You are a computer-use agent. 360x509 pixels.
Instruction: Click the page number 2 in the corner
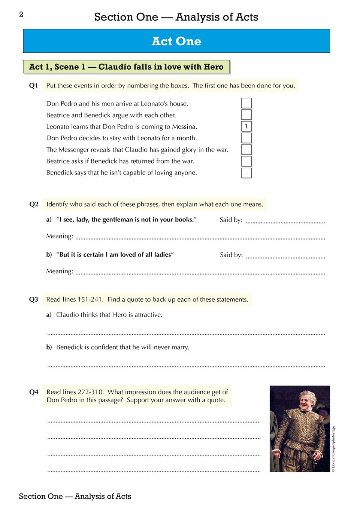21,15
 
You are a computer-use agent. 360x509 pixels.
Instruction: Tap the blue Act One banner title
176,41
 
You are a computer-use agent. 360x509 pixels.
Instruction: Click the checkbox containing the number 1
246,127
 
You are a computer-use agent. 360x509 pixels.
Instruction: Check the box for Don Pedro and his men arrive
246,103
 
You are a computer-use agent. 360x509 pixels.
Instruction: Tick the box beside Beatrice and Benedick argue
246,115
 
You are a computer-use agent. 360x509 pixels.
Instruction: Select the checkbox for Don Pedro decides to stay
246,138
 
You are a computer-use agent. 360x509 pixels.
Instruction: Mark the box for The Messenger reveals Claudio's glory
246,149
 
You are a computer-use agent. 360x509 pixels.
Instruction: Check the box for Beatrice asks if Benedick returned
246,161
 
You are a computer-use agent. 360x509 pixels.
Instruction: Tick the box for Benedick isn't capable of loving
246,173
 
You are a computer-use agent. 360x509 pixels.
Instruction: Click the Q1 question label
34,86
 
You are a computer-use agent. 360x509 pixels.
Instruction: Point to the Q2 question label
34,204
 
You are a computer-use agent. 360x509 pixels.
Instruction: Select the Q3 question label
34,299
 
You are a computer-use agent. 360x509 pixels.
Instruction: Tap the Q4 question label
34,392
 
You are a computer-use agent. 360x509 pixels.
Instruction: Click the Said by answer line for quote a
285,222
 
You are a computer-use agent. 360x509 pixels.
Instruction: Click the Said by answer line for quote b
285,257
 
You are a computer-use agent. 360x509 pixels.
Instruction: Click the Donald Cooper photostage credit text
333,449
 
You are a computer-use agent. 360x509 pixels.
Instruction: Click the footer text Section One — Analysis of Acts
75,496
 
